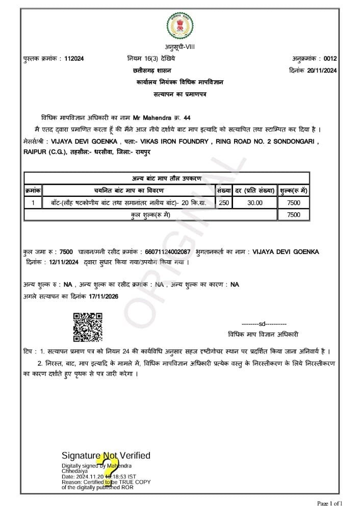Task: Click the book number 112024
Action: tap(74, 59)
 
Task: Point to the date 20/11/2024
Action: tap(322, 70)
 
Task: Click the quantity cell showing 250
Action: tap(224, 203)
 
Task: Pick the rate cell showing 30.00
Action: tap(255, 203)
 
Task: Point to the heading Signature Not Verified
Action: tap(106, 456)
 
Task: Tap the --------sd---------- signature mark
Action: tap(264, 324)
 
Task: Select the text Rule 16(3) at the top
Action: tap(150, 59)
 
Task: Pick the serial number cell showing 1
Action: tap(33, 203)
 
